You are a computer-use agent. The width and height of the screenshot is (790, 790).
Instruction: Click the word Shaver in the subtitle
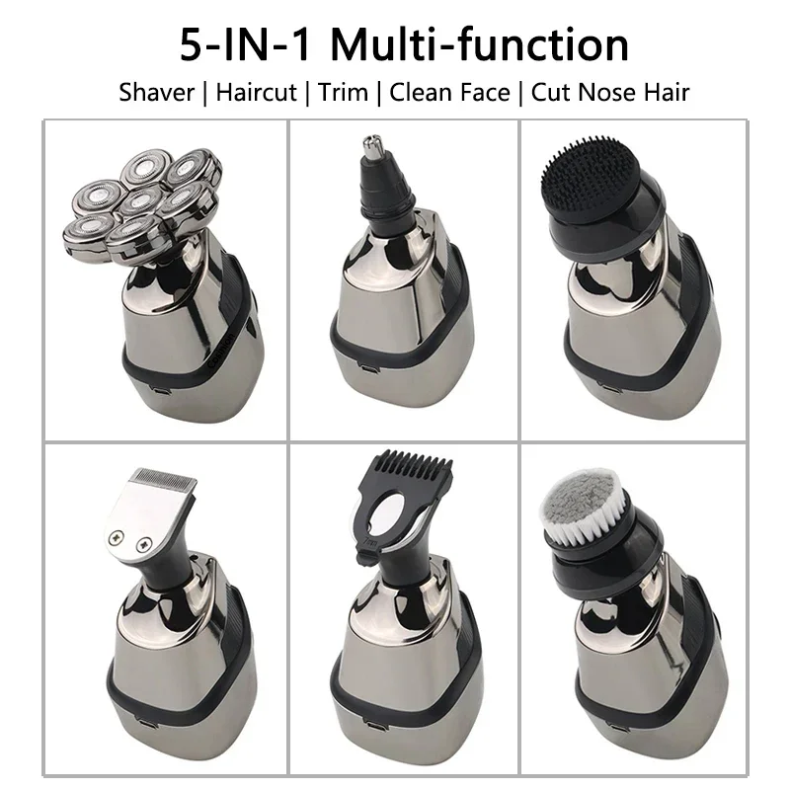(157, 93)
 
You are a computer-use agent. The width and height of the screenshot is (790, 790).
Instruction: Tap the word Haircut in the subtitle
(256, 93)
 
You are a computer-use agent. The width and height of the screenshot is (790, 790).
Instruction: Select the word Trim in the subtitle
(343, 93)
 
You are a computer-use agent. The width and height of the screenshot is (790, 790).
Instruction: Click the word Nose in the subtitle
(609, 93)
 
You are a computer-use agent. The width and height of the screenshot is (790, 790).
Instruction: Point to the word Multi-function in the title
(480, 45)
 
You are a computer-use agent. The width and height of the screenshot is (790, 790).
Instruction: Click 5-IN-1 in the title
(246, 45)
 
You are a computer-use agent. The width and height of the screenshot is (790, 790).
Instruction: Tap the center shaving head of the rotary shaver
(142, 200)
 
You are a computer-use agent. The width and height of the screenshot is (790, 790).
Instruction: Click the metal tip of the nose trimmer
(372, 146)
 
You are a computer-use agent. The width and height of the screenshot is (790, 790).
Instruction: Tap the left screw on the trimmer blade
(117, 537)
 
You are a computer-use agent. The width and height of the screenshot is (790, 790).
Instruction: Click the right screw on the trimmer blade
(144, 544)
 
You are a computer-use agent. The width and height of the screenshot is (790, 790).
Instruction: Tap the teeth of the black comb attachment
(407, 466)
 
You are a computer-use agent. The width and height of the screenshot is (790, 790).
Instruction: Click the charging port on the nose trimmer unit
(373, 369)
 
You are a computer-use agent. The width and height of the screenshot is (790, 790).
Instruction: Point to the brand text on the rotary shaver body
(220, 352)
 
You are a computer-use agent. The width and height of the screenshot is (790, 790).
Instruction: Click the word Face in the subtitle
(486, 93)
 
